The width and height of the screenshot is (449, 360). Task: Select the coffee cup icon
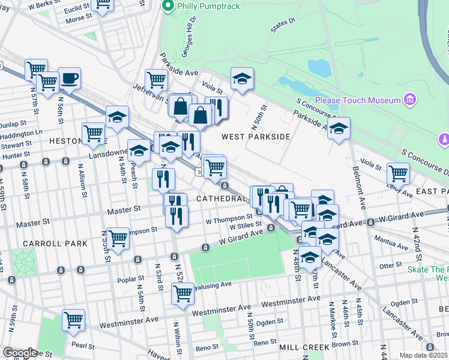[69, 78]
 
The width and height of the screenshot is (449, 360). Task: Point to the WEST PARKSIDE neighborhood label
[256, 137]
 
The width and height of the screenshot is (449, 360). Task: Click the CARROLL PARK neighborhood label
[55, 244]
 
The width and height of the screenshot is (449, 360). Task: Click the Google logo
[19, 353]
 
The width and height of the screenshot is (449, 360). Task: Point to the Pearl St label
[83, 346]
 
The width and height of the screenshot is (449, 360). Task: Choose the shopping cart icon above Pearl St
[73, 319]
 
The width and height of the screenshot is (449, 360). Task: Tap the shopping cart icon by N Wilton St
[182, 294]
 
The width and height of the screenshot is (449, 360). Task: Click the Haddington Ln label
[22, 133]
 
